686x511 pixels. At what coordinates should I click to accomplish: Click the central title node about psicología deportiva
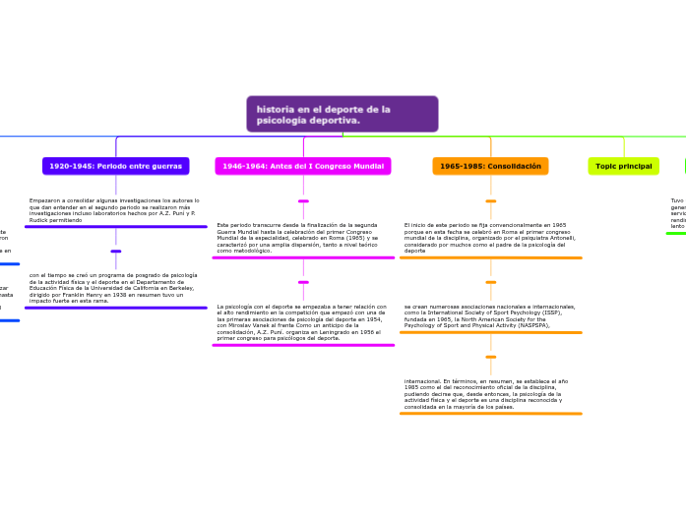point(342,114)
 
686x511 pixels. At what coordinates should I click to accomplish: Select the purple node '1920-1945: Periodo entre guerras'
point(116,166)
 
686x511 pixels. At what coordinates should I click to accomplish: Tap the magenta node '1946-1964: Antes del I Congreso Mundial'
point(302,166)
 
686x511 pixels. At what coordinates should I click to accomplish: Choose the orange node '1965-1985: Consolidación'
point(490,166)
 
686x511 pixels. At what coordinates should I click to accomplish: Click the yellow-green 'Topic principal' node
point(623,166)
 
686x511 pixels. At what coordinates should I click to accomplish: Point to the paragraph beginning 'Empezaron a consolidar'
point(113,209)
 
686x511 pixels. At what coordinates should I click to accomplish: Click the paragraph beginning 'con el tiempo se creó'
point(113,287)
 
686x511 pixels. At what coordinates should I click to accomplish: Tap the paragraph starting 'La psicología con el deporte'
point(300,321)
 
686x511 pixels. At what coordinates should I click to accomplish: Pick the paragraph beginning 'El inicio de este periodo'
point(490,238)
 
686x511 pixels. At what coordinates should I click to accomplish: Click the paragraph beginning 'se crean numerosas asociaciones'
point(489,314)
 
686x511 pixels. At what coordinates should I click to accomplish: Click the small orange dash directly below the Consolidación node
point(490,201)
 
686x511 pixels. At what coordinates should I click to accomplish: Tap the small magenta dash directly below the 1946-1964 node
point(303,201)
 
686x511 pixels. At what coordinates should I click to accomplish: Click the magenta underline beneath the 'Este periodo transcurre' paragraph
point(303,257)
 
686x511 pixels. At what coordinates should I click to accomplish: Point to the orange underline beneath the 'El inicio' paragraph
point(490,257)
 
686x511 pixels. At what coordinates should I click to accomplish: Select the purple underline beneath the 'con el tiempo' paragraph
point(115,308)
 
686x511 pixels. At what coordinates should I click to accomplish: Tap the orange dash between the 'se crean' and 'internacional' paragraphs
point(490,357)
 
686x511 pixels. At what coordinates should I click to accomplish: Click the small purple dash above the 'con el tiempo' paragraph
point(116,252)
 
